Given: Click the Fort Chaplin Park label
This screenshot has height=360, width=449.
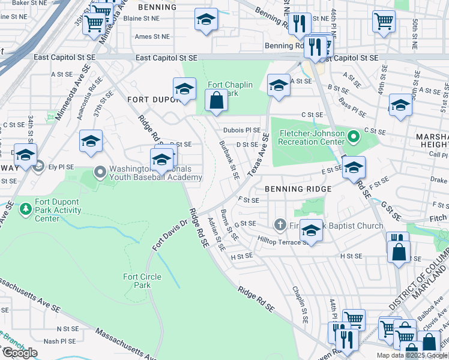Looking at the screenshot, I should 231,89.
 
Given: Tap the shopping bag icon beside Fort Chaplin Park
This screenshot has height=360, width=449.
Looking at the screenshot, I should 217,101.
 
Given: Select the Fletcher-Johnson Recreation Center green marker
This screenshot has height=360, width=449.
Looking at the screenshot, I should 354,137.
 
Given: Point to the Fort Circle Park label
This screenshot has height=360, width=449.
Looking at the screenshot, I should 137,281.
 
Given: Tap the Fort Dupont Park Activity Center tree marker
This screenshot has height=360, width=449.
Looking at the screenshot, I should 25,209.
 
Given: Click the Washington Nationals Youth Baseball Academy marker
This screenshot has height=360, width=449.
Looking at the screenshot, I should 100,173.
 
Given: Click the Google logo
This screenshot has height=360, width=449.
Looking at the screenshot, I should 20,353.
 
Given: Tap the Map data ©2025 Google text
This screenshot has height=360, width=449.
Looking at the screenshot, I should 412,355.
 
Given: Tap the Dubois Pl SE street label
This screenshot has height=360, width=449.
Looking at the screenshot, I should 242,130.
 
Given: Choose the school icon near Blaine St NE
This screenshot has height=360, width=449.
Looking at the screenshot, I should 206,20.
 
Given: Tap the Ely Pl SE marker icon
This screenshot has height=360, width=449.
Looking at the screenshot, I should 40,166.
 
